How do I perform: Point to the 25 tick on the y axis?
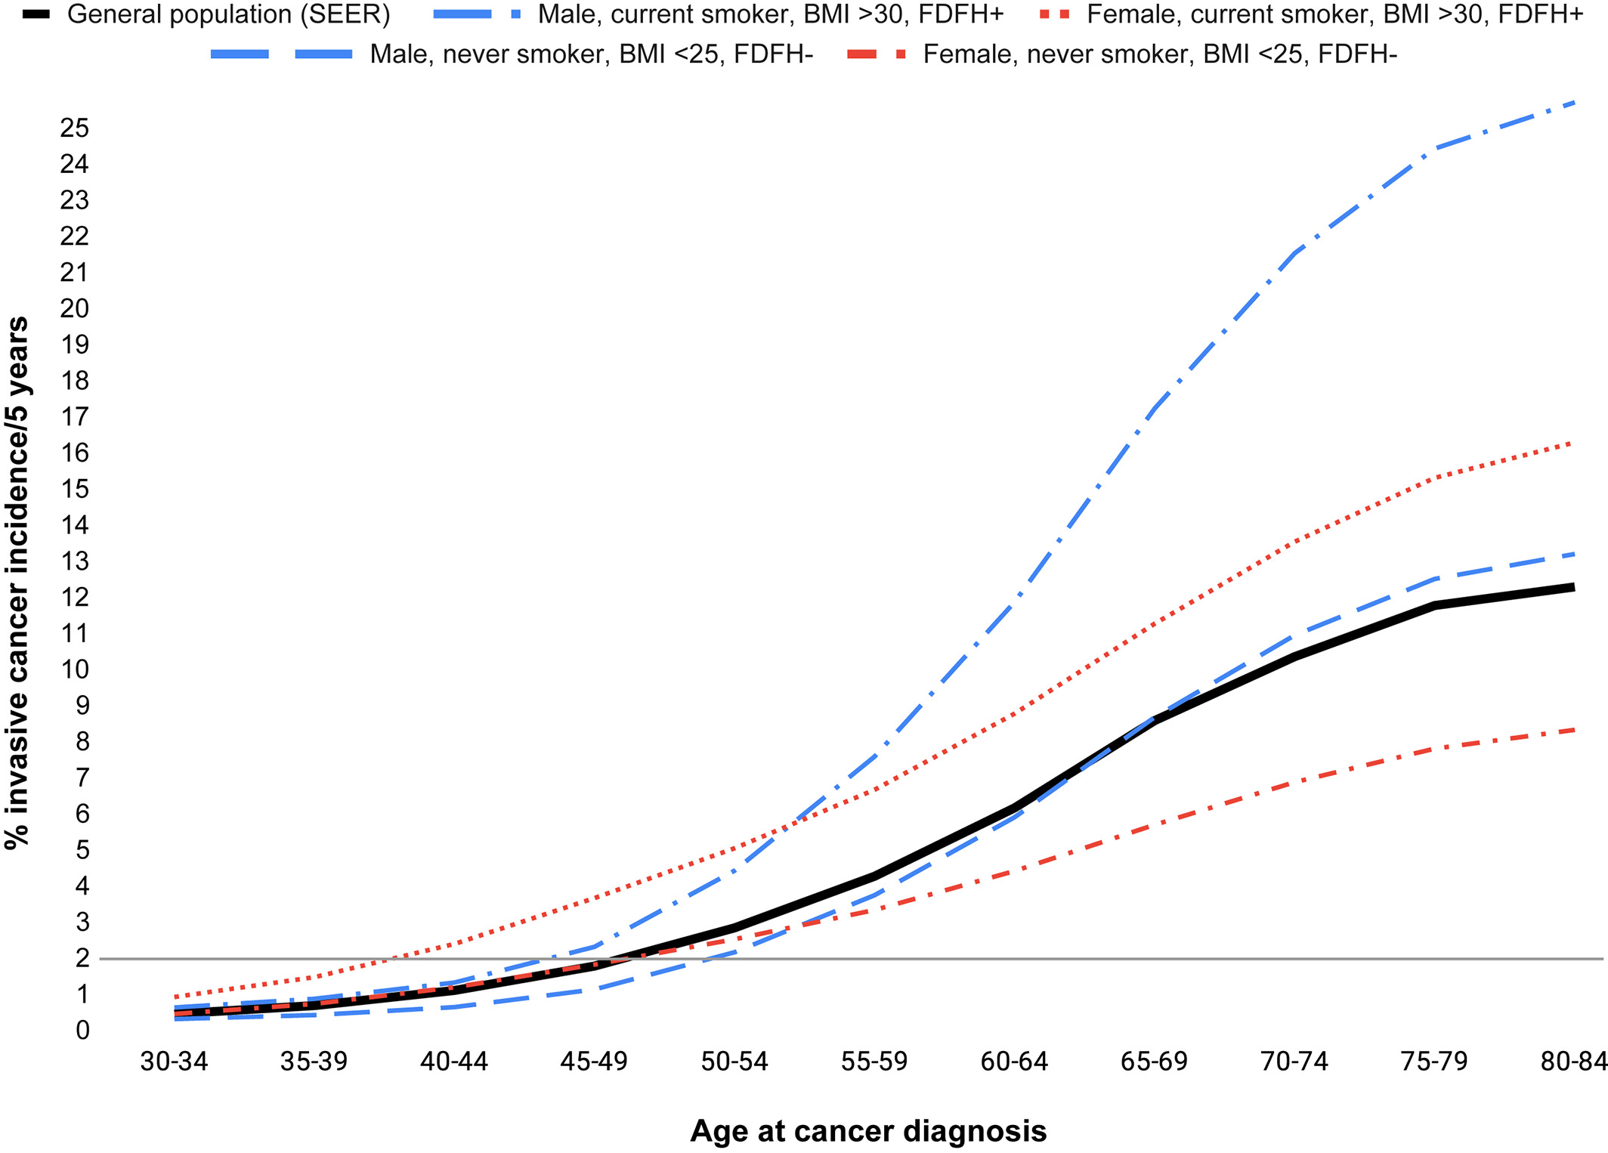click(75, 128)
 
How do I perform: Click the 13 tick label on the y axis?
click(75, 561)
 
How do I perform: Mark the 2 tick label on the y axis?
click(82, 958)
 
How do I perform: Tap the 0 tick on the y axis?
click(82, 1030)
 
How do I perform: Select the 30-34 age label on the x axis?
click(175, 1062)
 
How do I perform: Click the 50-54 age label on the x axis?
click(734, 1062)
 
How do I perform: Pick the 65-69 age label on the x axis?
click(1154, 1062)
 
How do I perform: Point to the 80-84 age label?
click(1573, 1062)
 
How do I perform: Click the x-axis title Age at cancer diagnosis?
click(868, 1131)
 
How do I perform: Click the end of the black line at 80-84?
click(1573, 587)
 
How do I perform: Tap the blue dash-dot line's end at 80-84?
click(1573, 101)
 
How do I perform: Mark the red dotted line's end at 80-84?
click(1573, 443)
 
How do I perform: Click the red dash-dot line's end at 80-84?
click(1573, 730)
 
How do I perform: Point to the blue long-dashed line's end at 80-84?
click(1573, 554)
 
